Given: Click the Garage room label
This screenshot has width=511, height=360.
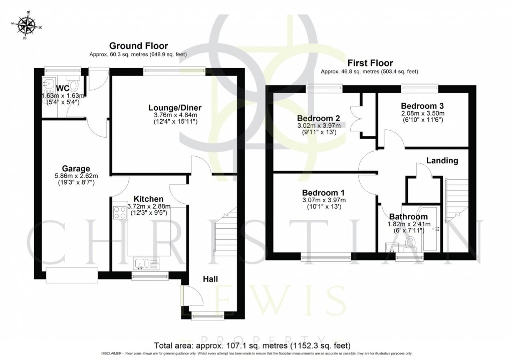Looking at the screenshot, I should click(76, 168).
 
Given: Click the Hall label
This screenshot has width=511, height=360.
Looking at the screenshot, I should click(210, 278).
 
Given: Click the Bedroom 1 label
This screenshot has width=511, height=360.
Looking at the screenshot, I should click(324, 193).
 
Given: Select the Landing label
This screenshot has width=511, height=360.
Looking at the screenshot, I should click(442, 161).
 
